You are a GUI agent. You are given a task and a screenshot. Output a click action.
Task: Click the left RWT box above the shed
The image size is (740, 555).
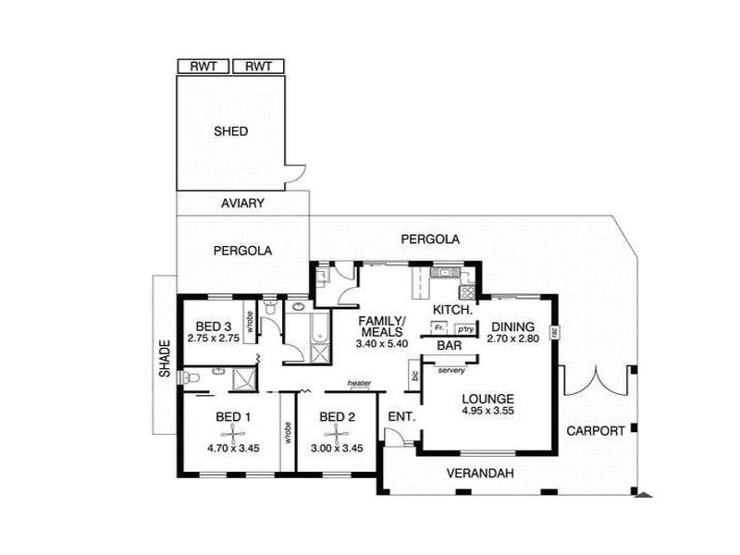(203, 67)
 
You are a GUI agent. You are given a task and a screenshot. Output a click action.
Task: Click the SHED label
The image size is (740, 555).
(230, 131)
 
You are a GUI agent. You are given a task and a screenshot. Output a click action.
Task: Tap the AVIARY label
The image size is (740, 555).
(243, 203)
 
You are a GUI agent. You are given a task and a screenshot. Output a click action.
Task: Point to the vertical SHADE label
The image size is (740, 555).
(165, 362)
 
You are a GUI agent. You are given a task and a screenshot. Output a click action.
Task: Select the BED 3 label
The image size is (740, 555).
(214, 327)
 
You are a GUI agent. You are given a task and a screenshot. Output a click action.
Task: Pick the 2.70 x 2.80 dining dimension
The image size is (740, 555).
(512, 339)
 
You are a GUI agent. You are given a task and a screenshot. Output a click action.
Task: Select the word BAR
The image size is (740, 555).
(450, 345)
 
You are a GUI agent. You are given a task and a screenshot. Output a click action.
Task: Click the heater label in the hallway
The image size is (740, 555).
(360, 383)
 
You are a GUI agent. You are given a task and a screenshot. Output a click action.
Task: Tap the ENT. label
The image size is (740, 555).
(401, 416)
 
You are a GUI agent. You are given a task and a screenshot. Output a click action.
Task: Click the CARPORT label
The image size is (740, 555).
(595, 430)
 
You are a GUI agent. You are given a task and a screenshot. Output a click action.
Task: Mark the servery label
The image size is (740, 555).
(451, 370)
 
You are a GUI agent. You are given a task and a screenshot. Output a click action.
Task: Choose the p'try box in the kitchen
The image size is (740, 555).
(462, 327)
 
